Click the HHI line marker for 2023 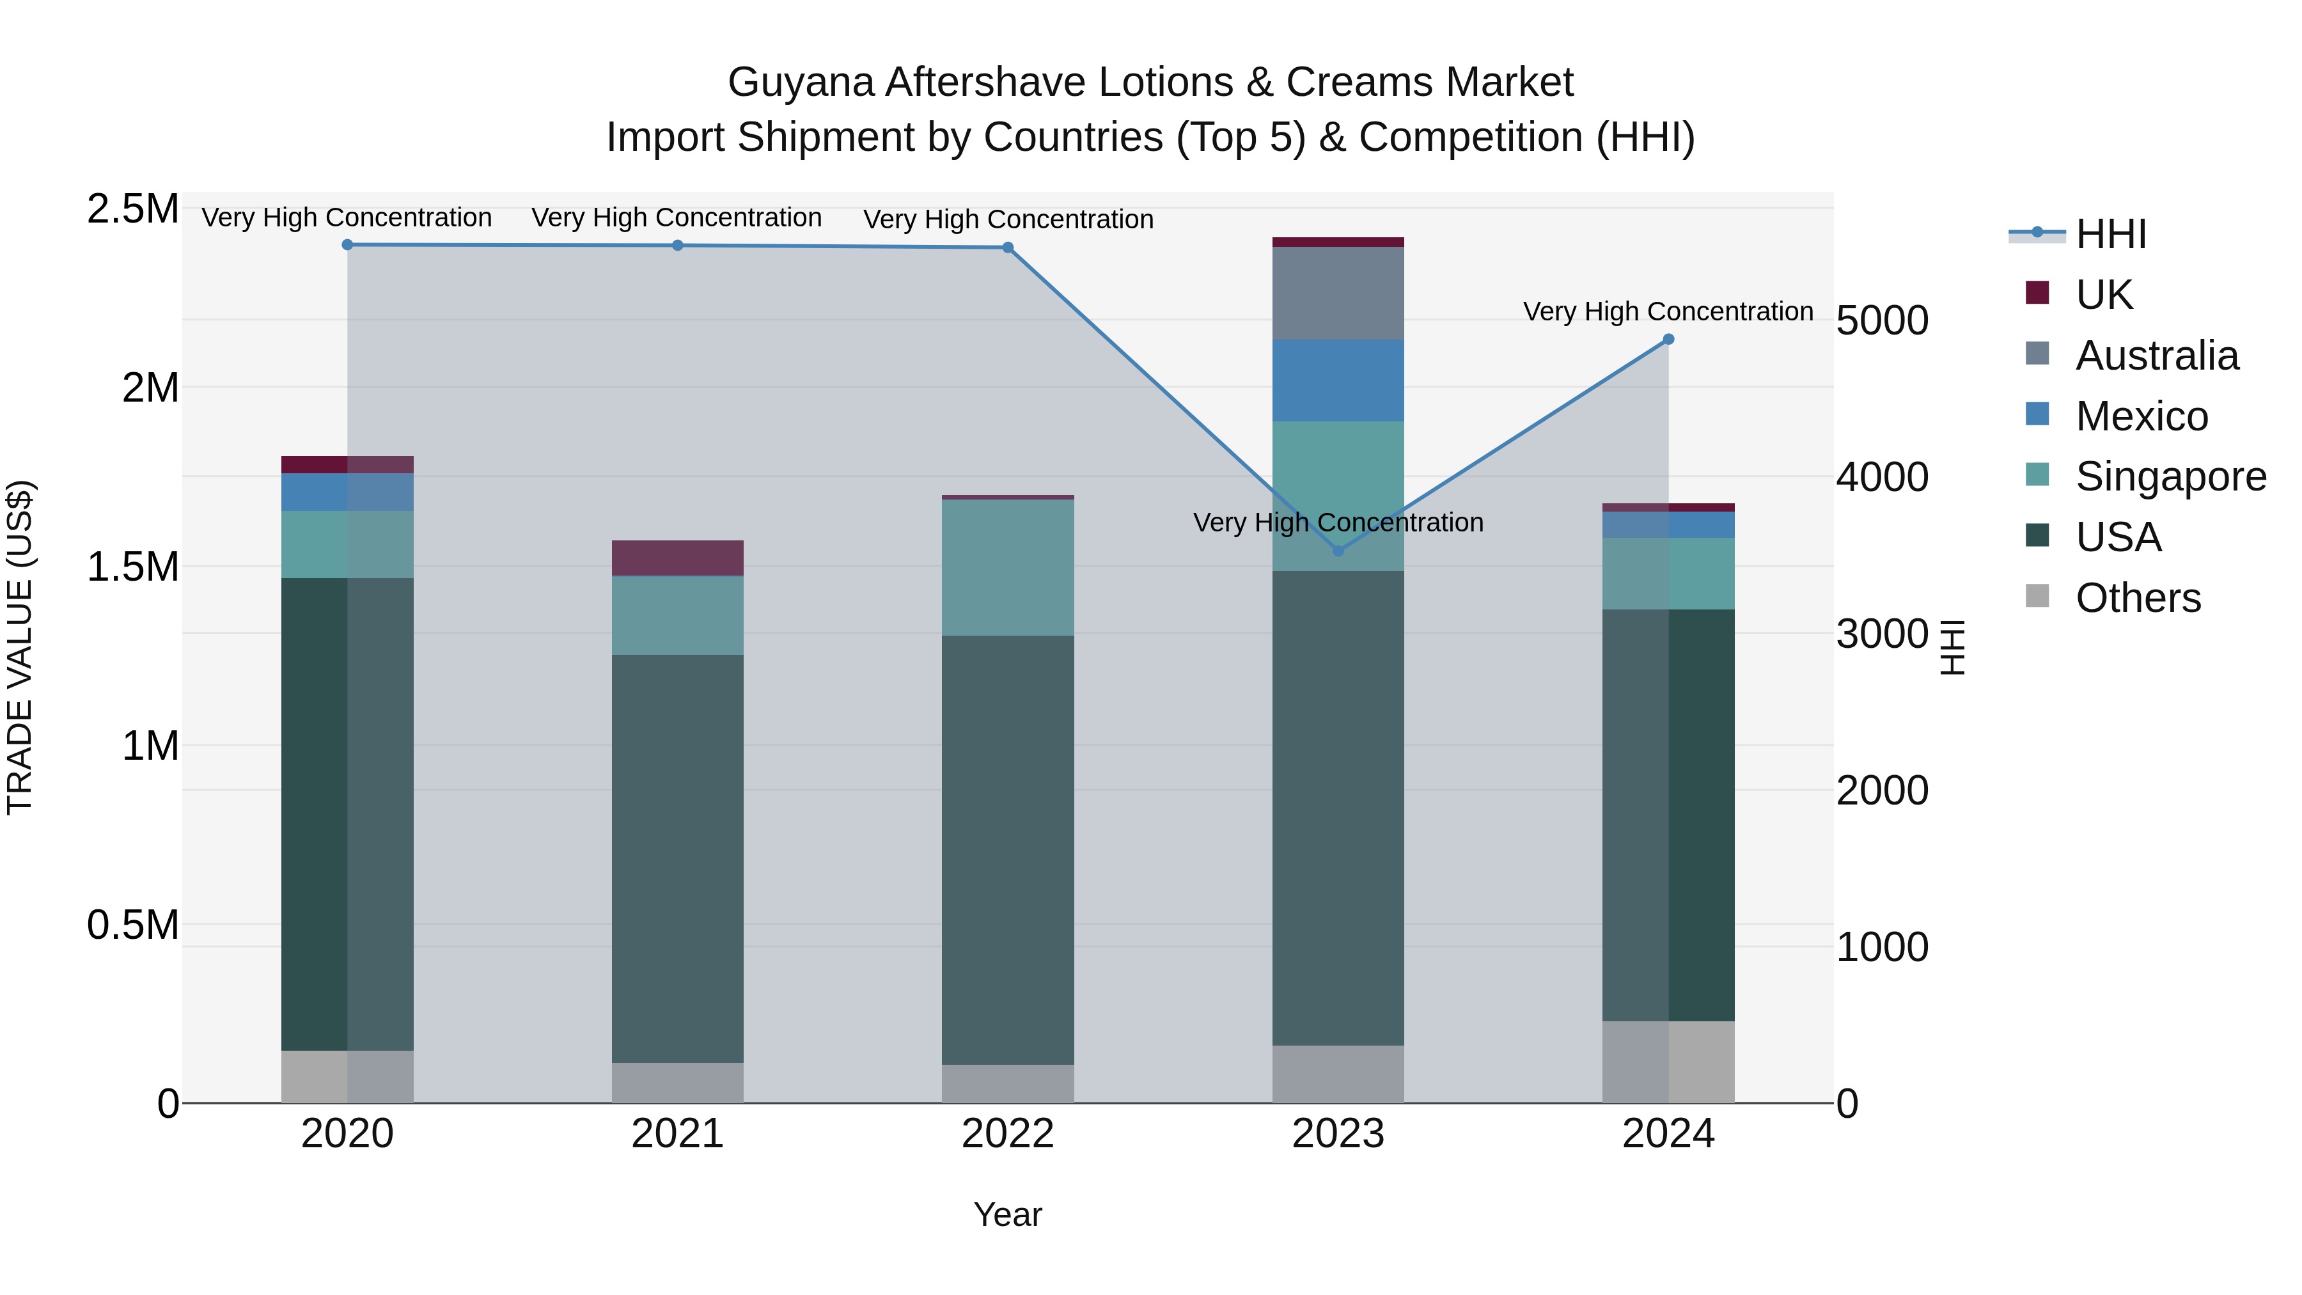pyautogui.click(x=1338, y=551)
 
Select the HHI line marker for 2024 pyautogui.click(x=1668, y=340)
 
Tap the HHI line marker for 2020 pyautogui.click(x=348, y=245)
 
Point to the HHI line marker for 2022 pyautogui.click(x=1008, y=247)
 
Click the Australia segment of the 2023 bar pyautogui.click(x=1338, y=293)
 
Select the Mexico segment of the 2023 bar pyautogui.click(x=1338, y=380)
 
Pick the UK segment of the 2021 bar pyautogui.click(x=677, y=558)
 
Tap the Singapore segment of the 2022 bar pyautogui.click(x=1008, y=567)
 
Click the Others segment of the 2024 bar pyautogui.click(x=1668, y=1062)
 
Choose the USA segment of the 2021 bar pyautogui.click(x=677, y=858)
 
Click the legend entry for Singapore pyautogui.click(x=2170, y=476)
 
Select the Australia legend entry pyautogui.click(x=2156, y=356)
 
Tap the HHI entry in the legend pyautogui.click(x=2110, y=234)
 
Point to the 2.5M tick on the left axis pyautogui.click(x=132, y=209)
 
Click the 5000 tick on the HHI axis pyautogui.click(x=1882, y=321)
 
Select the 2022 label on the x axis pyautogui.click(x=1008, y=1134)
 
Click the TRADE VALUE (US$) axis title pyautogui.click(x=20, y=647)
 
